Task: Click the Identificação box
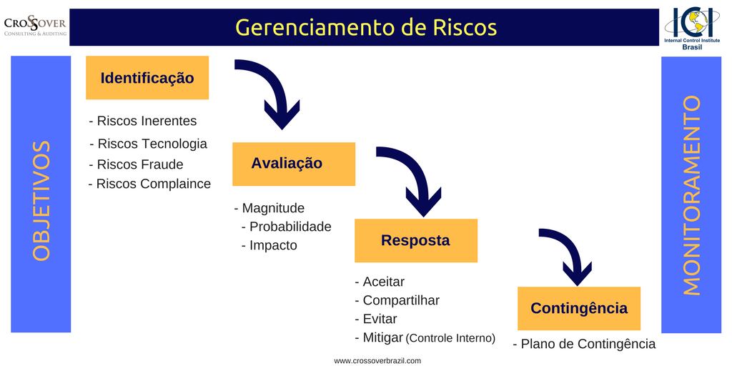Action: pyautogui.click(x=147, y=78)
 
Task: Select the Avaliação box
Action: pyautogui.click(x=293, y=164)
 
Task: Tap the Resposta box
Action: pyautogui.click(x=415, y=240)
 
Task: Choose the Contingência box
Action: pyautogui.click(x=578, y=308)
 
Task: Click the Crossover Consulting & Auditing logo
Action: pyautogui.click(x=35, y=27)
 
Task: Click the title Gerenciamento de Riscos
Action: pyautogui.click(x=365, y=27)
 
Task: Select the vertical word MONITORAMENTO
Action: pyautogui.click(x=691, y=194)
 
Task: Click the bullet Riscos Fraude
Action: pyautogui.click(x=136, y=164)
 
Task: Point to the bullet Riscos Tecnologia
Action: pyautogui.click(x=148, y=144)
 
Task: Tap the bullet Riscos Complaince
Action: pyautogui.click(x=149, y=184)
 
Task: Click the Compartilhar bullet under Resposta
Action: pyautogui.click(x=397, y=300)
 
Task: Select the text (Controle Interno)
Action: pyautogui.click(x=450, y=338)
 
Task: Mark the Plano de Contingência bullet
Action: pyautogui.click(x=584, y=344)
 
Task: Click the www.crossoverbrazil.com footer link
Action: pyautogui.click(x=377, y=360)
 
